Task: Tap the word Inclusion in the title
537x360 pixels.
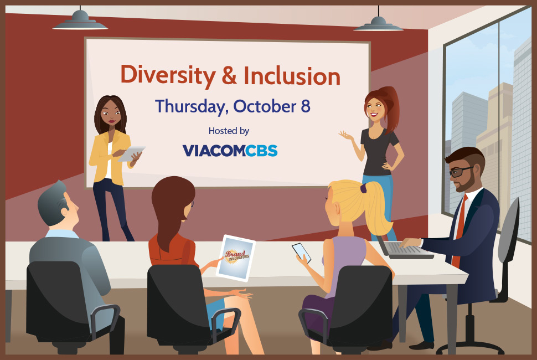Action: coord(292,76)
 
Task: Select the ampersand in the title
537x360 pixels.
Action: coord(229,75)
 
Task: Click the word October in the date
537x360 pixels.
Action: coord(265,106)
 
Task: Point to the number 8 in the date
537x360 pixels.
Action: coord(306,106)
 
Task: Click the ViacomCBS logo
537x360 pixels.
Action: coord(230,151)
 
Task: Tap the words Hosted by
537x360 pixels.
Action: coord(229,131)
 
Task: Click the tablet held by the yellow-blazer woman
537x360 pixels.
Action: coord(132,153)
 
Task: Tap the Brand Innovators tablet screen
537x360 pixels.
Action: coord(236,258)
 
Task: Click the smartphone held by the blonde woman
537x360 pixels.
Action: coord(302,253)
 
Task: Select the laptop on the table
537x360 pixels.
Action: coord(404,248)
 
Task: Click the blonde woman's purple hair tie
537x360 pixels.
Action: coord(363,188)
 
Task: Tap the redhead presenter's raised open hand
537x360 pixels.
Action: coord(346,136)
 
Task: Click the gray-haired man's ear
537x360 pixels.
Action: coord(64,211)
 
